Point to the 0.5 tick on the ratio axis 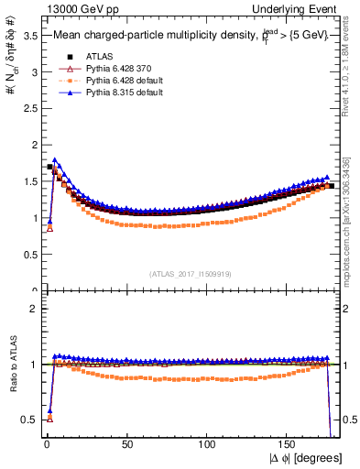(29, 420)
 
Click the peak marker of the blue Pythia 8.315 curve (56, 160)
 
